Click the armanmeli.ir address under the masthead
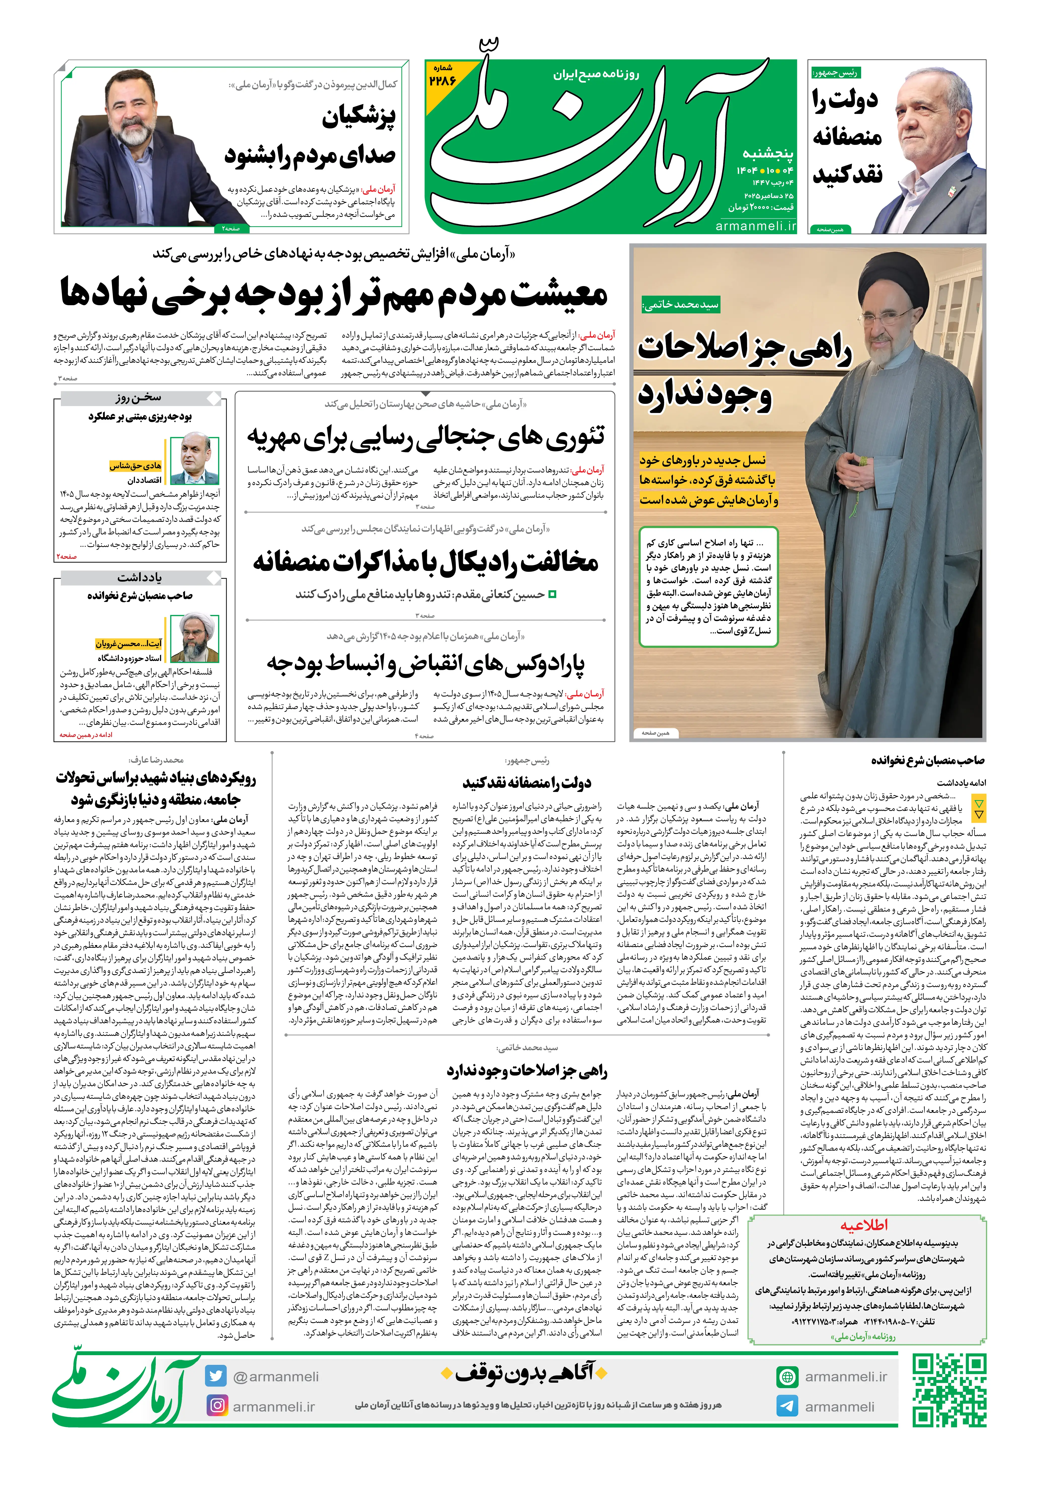coord(755,226)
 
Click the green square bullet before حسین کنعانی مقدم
coord(552,594)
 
